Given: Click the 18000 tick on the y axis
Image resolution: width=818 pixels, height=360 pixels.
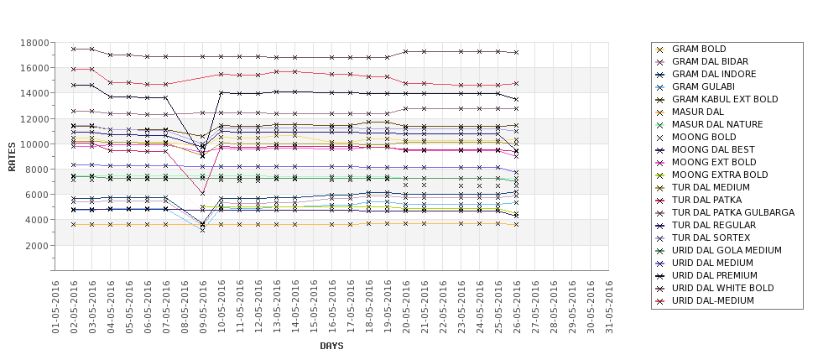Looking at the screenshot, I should (34, 43).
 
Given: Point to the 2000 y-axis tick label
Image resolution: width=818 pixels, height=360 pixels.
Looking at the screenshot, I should (37, 246).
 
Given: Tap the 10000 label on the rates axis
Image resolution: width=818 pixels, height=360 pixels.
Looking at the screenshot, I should (34, 144).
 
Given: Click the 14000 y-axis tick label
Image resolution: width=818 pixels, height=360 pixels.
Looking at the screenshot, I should (34, 93).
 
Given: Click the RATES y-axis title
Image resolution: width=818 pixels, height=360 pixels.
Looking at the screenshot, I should (12, 156).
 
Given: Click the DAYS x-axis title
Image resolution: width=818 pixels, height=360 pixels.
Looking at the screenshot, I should (331, 346).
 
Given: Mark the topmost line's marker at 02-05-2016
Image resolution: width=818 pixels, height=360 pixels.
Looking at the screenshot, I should (74, 49).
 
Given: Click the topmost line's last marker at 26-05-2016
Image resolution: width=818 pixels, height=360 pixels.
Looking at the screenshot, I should (516, 52).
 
